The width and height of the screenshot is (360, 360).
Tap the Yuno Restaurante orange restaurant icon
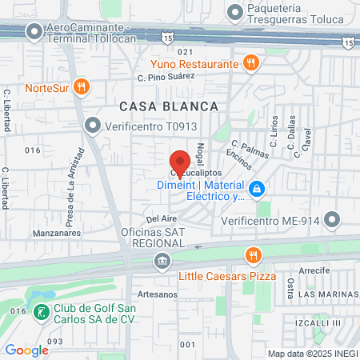pyautogui.click(x=251, y=63)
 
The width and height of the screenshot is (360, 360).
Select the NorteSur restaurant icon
pyautogui.click(x=80, y=87)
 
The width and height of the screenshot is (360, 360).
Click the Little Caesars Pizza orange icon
pyautogui.click(x=253, y=255)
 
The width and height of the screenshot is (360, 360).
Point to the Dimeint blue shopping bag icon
pyautogui.click(x=257, y=190)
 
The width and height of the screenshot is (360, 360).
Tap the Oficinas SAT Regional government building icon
pyautogui.click(x=162, y=260)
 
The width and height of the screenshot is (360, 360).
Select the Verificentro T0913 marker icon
pyautogui.click(x=94, y=126)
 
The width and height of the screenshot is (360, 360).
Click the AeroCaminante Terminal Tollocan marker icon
pyautogui.click(x=34, y=32)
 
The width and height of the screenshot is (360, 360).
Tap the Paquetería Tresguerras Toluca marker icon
pyautogui.click(x=234, y=12)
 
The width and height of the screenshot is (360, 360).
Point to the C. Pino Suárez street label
pyautogui.click(x=166, y=78)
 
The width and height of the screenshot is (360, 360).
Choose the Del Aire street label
pyautogui.click(x=160, y=217)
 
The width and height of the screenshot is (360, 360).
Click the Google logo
pyautogui.click(x=26, y=350)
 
